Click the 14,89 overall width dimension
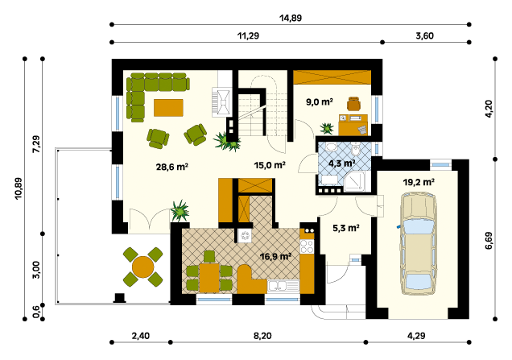[291, 18]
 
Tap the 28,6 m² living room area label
[172, 167]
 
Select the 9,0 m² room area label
[320, 102]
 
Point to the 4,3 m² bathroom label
[342, 163]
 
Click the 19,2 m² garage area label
[419, 182]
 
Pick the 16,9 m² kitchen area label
[275, 256]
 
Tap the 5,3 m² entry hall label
[346, 228]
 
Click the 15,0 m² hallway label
[270, 165]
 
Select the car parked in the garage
[419, 243]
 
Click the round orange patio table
[142, 267]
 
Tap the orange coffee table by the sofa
[168, 107]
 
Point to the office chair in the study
[353, 104]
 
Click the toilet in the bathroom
[355, 151]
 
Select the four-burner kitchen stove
[307, 246]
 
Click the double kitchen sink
[283, 286]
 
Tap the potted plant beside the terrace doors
[180, 211]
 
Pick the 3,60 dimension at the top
[424, 35]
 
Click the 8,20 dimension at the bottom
[262, 336]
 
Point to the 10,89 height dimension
[19, 188]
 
